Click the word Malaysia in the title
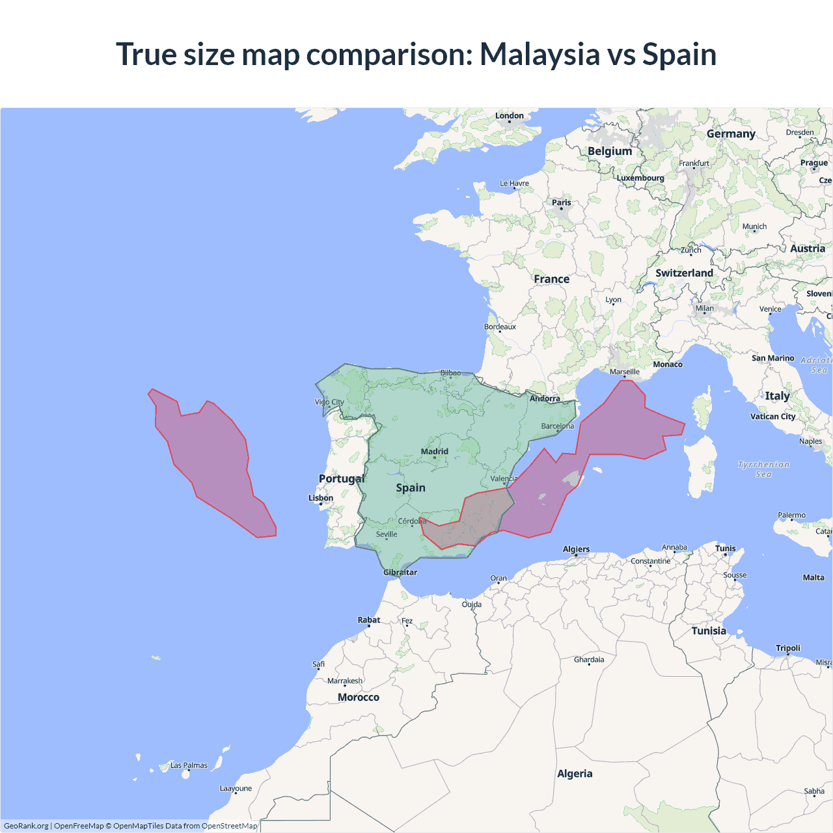pyautogui.click(x=539, y=54)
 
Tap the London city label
pyautogui.click(x=509, y=116)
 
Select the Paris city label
pyautogui.click(x=561, y=202)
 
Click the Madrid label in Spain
pyautogui.click(x=434, y=452)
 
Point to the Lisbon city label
pyautogui.click(x=321, y=498)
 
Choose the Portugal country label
pyautogui.click(x=341, y=478)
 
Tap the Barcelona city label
pyautogui.click(x=558, y=426)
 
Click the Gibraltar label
pyautogui.click(x=400, y=573)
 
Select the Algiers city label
pyautogui.click(x=576, y=549)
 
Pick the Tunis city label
pyautogui.click(x=725, y=549)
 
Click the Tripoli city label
pyautogui.click(x=787, y=648)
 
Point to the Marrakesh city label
pyautogui.click(x=345, y=681)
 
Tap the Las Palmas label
pyautogui.click(x=189, y=765)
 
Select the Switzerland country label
pyautogui.click(x=684, y=273)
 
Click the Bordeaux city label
pyautogui.click(x=500, y=327)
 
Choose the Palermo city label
pyautogui.click(x=791, y=515)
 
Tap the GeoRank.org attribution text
pyautogui.click(x=26, y=826)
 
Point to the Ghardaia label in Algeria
pyautogui.click(x=589, y=660)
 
